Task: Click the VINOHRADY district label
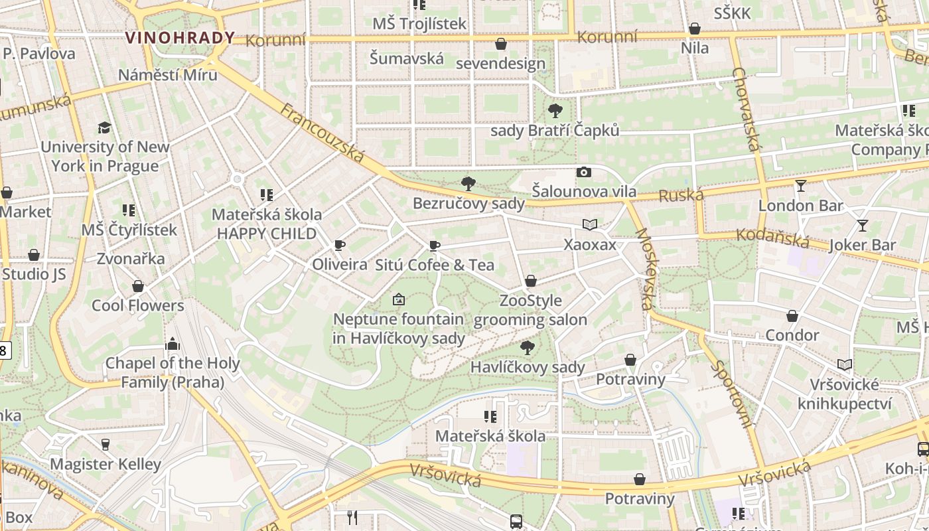tap(180, 38)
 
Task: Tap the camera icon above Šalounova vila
tap(584, 173)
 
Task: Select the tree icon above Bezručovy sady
tap(468, 183)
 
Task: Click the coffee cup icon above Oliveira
tap(340, 245)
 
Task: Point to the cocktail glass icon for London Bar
tap(801, 186)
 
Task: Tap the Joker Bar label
tap(863, 245)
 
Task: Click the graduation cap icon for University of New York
tap(104, 127)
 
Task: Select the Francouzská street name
tap(322, 133)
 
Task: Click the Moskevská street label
tap(644, 269)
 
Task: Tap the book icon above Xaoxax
tap(589, 224)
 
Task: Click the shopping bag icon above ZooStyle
tap(530, 281)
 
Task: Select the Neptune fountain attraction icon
tap(398, 300)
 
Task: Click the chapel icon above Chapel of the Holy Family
tap(173, 343)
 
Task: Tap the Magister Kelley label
tap(106, 464)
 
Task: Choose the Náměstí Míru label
tap(167, 74)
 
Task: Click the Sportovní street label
tap(733, 394)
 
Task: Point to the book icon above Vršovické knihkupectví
tap(845, 364)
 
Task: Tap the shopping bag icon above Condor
tap(792, 316)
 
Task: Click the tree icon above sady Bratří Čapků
tap(555, 111)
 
